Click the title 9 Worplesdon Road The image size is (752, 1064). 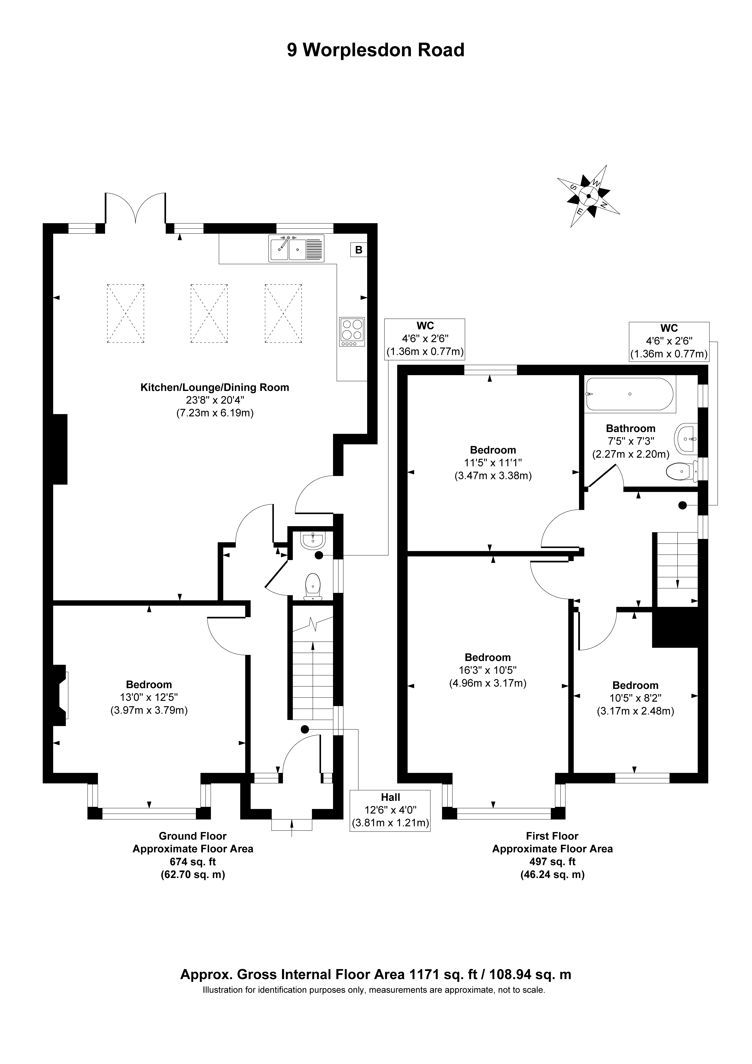(x=376, y=50)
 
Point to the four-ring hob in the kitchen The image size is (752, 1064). (x=352, y=332)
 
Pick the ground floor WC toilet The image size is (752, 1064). (x=314, y=586)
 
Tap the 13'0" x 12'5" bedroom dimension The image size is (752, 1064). (x=149, y=697)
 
